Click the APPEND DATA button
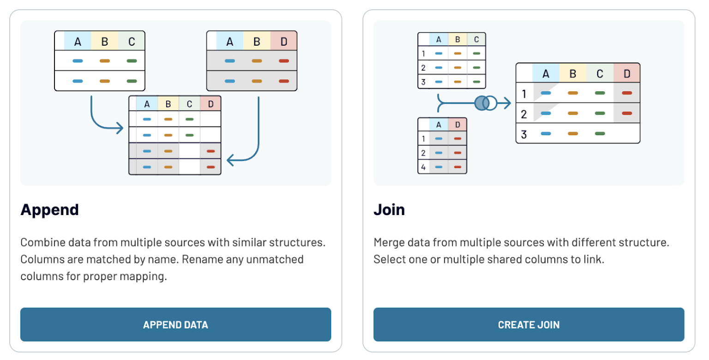coord(175,324)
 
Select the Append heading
coord(50,210)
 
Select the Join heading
coord(389,210)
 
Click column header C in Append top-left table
coord(132,42)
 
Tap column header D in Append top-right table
coord(283,42)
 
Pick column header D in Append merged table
coord(210,104)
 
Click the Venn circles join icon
coord(485,103)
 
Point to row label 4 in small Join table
coord(423,167)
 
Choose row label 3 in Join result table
coord(523,134)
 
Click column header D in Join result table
coord(626,73)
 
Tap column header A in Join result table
coord(546,73)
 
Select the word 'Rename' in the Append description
coord(198,259)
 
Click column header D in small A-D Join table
coord(457,125)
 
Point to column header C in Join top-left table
coord(476,39)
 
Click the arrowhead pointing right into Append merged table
coord(120,128)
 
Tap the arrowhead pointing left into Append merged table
coord(231,161)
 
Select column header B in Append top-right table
coord(257,42)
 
